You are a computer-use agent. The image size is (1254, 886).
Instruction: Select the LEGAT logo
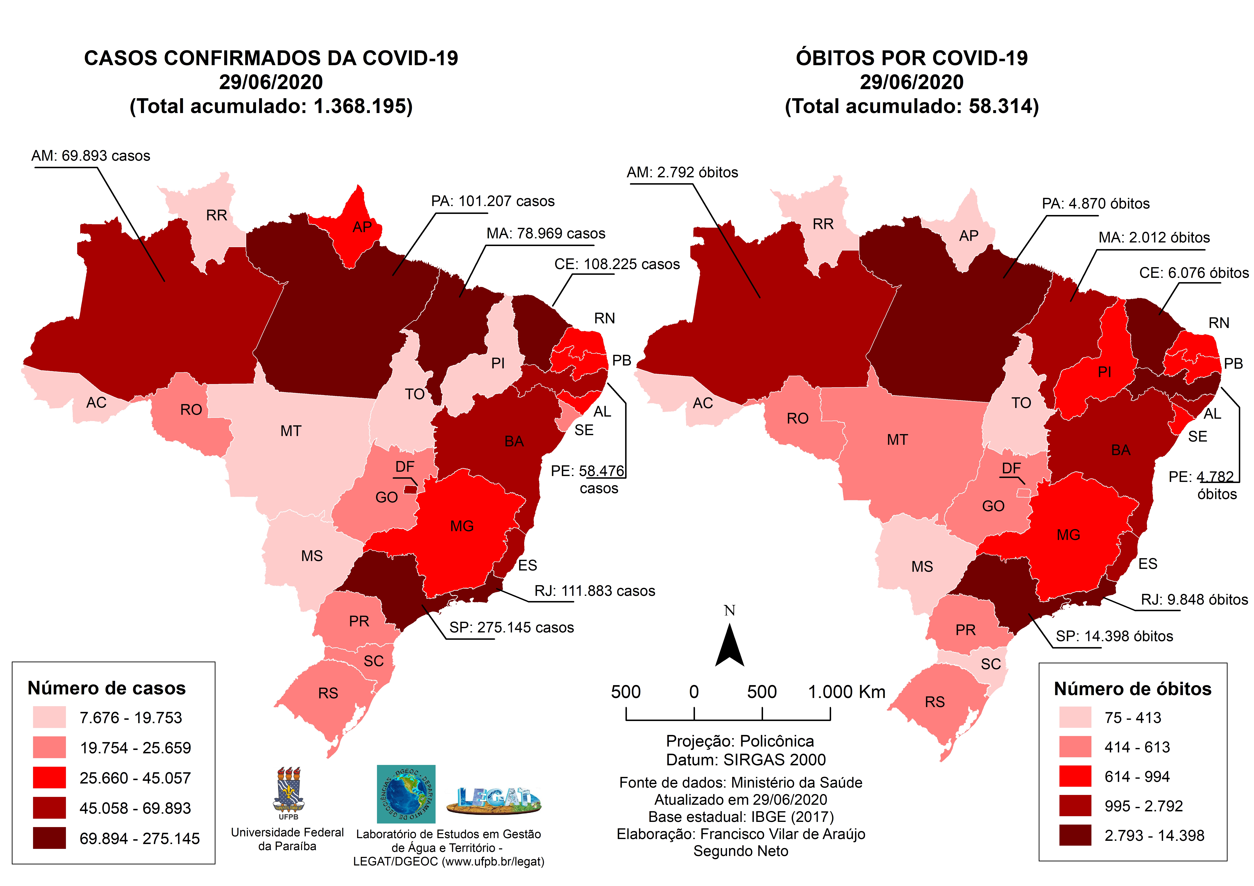pyautogui.click(x=494, y=800)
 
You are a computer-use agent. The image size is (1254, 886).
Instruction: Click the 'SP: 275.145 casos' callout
pyautogui.click(x=511, y=628)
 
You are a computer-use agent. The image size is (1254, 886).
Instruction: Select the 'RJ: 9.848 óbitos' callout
pyautogui.click(x=1194, y=600)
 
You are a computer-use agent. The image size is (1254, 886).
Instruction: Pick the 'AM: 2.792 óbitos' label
pyautogui.click(x=682, y=172)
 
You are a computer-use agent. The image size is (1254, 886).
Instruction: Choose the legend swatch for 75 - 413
pyautogui.click(x=1075, y=717)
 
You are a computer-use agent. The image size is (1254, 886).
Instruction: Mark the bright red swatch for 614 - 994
pyautogui.click(x=1075, y=776)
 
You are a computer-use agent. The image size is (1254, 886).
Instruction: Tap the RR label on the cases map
pyautogui.click(x=216, y=215)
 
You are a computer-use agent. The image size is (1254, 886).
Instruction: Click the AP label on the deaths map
pyautogui.click(x=968, y=236)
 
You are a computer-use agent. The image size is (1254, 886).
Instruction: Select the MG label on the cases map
pyautogui.click(x=461, y=526)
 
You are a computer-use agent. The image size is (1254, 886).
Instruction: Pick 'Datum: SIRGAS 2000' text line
pyautogui.click(x=746, y=760)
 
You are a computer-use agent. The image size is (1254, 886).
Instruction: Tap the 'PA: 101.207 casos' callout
pyautogui.click(x=493, y=201)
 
